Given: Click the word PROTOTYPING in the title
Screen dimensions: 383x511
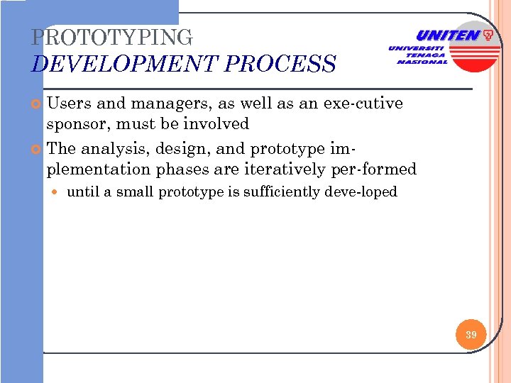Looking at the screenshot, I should [112, 37].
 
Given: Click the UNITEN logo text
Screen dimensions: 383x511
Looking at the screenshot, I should [447, 35].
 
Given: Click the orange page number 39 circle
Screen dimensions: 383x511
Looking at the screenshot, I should [471, 334].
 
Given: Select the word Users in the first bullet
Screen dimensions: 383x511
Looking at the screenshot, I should [69, 104].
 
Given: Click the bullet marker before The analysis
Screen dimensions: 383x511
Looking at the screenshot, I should [38, 150].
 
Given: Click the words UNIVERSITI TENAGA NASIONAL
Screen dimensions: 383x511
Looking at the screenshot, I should [419, 55].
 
